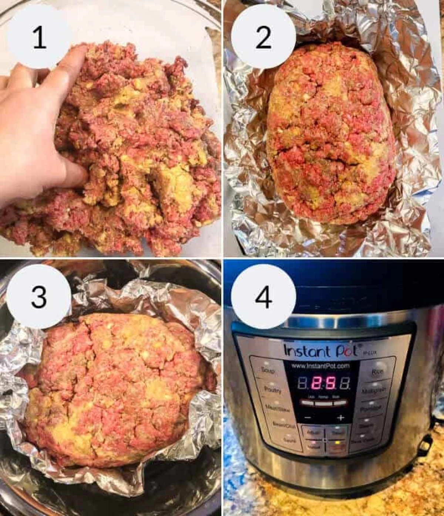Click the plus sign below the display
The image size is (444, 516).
click(341, 418)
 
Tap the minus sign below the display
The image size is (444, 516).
click(308, 418)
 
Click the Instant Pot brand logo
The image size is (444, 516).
click(320, 350)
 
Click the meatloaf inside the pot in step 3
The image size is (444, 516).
click(115, 388)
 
